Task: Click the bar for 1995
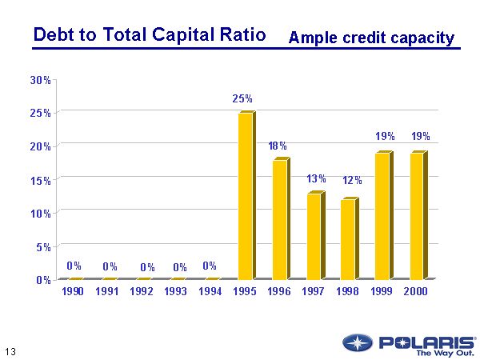pos(245,197)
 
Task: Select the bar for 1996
pos(279,219)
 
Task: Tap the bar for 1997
pos(314,236)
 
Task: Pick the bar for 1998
pos(348,239)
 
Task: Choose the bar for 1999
pos(382,216)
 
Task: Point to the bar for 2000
pos(417,216)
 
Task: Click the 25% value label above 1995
pos(242,99)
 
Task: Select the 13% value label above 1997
pos(316,179)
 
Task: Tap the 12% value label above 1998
pos(352,181)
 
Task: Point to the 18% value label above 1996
pos(278,146)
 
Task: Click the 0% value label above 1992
pos(147,267)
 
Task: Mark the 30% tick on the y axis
pos(41,80)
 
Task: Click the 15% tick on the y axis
pos(41,180)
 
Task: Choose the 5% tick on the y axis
pos(43,246)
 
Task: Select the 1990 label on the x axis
pos(73,292)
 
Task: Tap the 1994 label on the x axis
pos(210,292)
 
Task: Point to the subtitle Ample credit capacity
pos(371,38)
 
